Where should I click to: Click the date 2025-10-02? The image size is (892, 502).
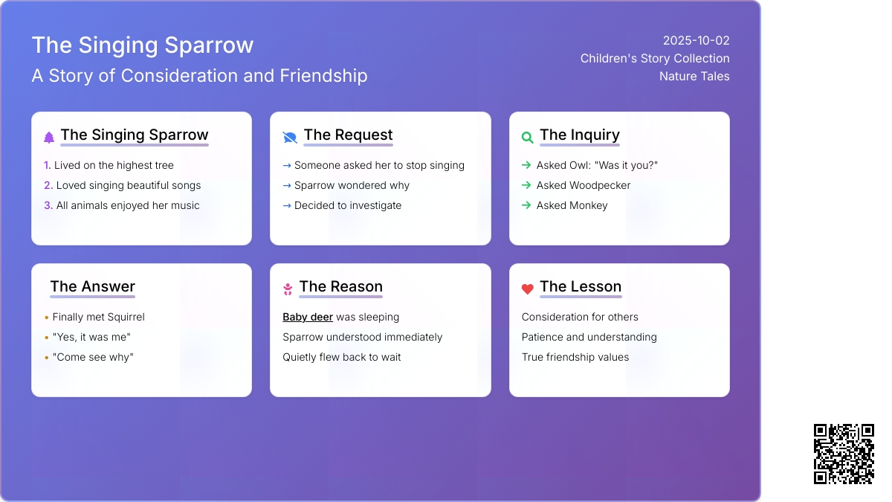pyautogui.click(x=696, y=41)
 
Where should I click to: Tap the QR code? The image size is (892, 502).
pyautogui.click(x=844, y=454)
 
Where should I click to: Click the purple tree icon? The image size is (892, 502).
pyautogui.click(x=49, y=138)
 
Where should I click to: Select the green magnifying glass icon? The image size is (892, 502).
pyautogui.click(x=527, y=138)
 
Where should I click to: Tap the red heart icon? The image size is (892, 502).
pyautogui.click(x=527, y=289)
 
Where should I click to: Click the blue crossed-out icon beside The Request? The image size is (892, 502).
pyautogui.click(x=290, y=138)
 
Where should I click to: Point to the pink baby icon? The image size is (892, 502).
pyautogui.click(x=288, y=289)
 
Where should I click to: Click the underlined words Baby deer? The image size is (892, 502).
pyautogui.click(x=308, y=317)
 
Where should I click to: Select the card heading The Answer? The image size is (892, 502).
pyautogui.click(x=92, y=286)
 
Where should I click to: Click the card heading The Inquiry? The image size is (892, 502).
pyautogui.click(x=579, y=135)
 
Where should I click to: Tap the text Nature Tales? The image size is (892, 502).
pyautogui.click(x=694, y=76)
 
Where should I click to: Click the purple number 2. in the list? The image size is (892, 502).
pyautogui.click(x=48, y=185)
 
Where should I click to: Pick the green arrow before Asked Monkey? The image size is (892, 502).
pyautogui.click(x=526, y=205)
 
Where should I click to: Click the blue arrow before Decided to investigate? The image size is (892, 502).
pyautogui.click(x=287, y=205)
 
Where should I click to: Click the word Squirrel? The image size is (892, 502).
pyautogui.click(x=126, y=317)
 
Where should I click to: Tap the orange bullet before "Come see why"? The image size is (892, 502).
pyautogui.click(x=47, y=358)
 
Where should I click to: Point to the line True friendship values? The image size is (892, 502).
pyautogui.click(x=575, y=357)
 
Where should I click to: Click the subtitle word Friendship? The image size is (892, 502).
pyautogui.click(x=323, y=76)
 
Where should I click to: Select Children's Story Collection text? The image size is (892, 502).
pyautogui.click(x=655, y=59)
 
